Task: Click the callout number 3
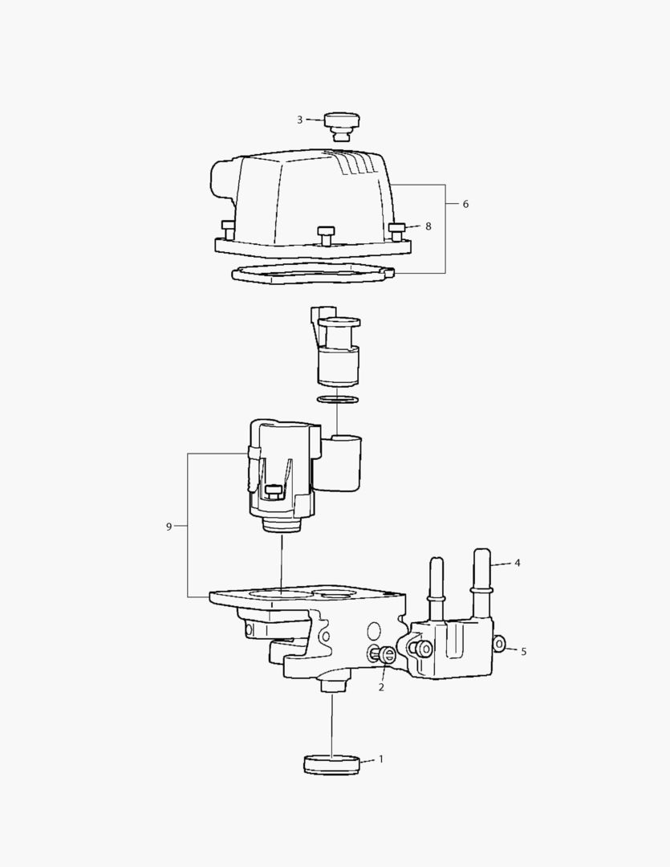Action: point(299,120)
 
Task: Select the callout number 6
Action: point(465,204)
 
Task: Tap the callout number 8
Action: point(428,226)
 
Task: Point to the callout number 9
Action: point(169,527)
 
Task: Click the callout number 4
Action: point(518,563)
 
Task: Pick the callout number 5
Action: point(523,651)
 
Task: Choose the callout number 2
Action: point(381,687)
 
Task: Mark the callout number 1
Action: point(380,759)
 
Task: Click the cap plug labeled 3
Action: point(342,127)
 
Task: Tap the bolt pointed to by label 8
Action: point(397,231)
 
